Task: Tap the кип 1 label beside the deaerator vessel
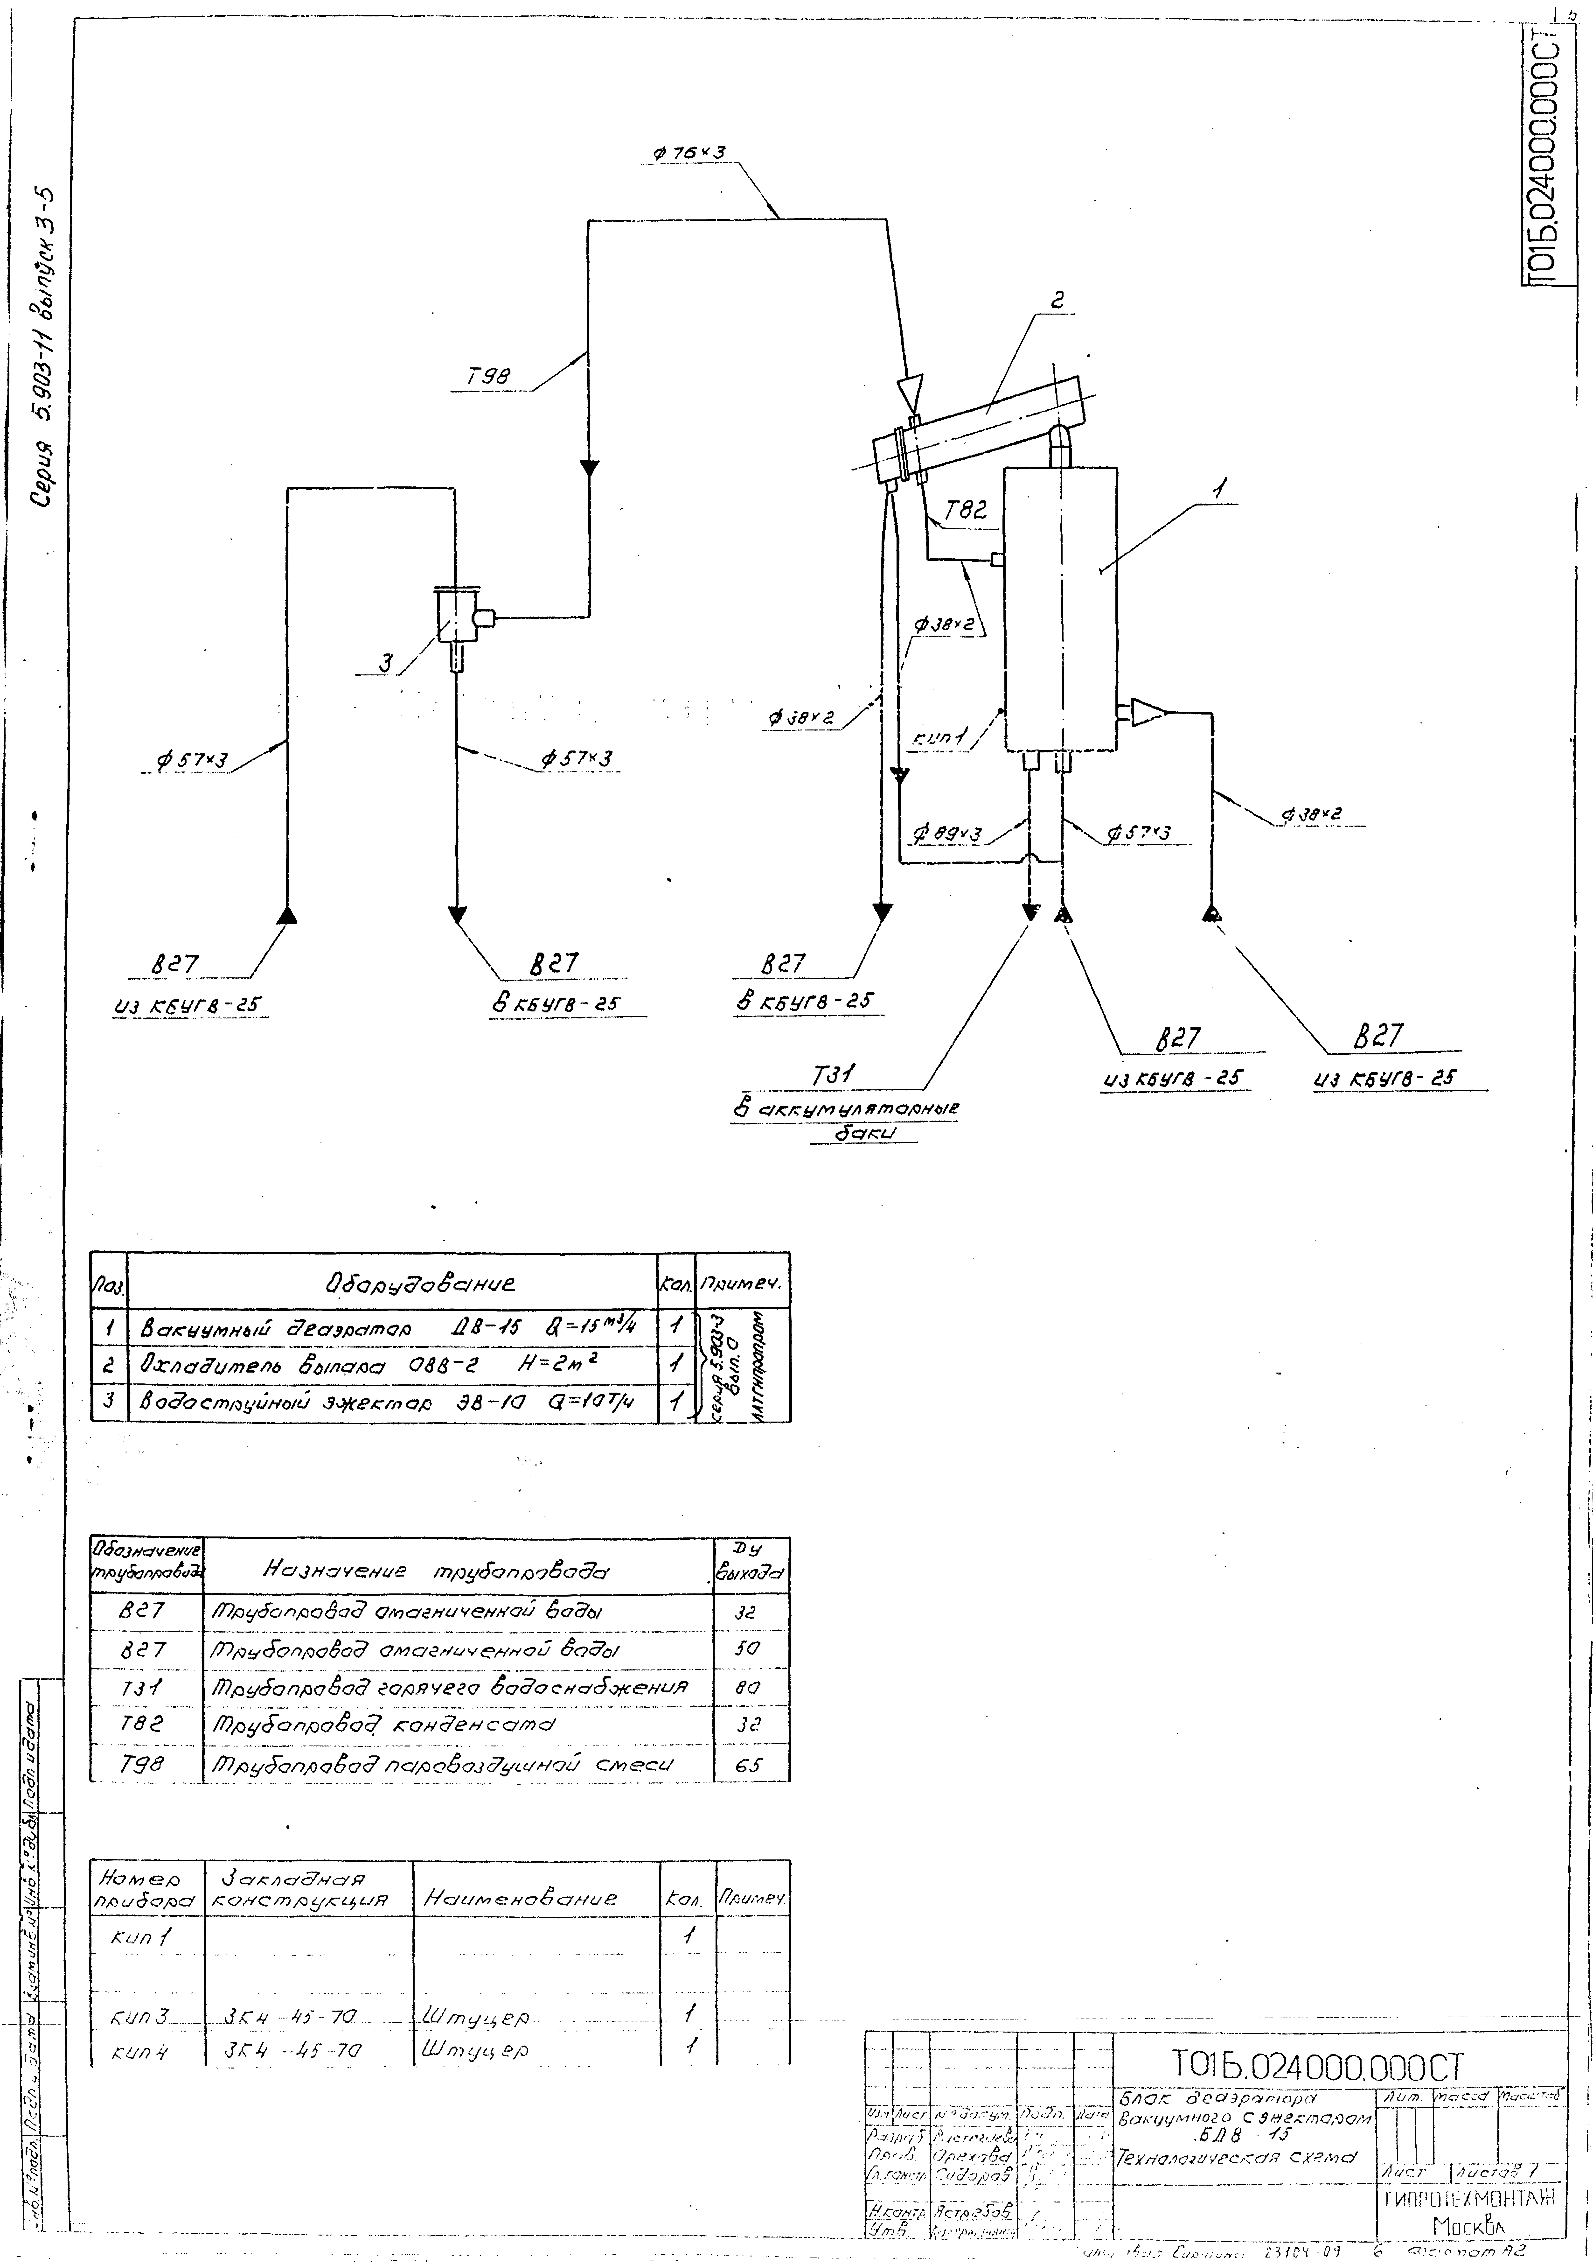947,735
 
